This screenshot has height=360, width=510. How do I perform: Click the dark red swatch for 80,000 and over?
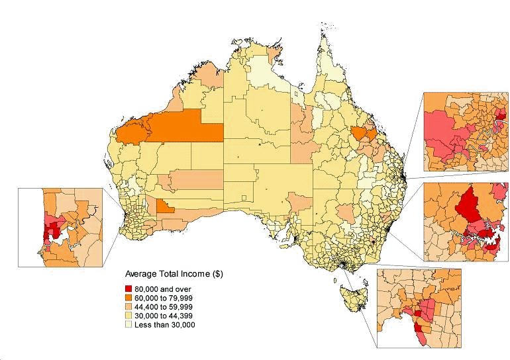(x=130, y=289)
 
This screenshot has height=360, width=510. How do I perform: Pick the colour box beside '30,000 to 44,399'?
(x=130, y=316)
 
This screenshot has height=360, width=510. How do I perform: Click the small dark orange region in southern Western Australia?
(x=166, y=207)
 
